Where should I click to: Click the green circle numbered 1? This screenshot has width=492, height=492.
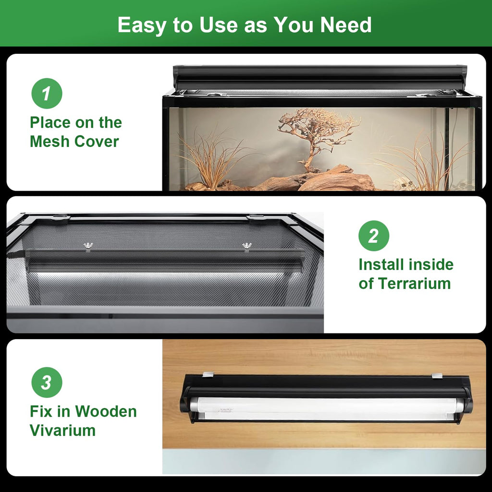(47, 94)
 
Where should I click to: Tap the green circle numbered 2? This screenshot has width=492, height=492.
(374, 235)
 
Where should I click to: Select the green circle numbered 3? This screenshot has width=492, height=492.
(47, 382)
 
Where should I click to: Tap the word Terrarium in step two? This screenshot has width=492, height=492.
(414, 283)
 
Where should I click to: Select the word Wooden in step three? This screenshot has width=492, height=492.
(106, 411)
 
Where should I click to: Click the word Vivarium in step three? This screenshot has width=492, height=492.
(62, 430)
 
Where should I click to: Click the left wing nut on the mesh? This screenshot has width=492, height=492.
(88, 246)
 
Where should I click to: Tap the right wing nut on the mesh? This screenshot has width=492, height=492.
(247, 246)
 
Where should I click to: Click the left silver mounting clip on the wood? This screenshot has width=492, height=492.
(208, 375)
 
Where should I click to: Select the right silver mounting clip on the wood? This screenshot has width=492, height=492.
(437, 376)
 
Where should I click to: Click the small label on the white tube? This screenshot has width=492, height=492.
(226, 410)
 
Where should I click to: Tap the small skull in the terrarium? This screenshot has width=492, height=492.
(403, 183)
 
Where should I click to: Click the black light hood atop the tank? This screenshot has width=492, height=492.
(320, 77)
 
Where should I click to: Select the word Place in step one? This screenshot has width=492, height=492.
(50, 123)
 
